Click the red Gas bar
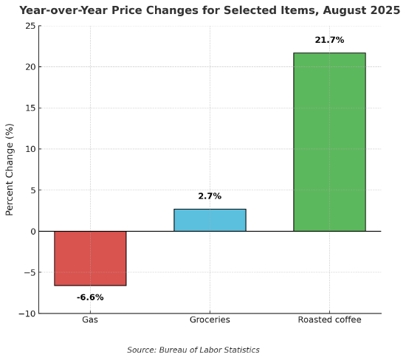tap(90, 258)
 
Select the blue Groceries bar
tap(210, 220)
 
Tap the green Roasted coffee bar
tap(329, 142)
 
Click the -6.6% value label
tap(90, 297)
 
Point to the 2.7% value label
tap(210, 196)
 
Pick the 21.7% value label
tap(329, 40)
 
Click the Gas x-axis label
tap(90, 320)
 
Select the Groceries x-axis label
tap(210, 320)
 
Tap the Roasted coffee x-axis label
tap(329, 320)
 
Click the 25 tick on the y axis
tap(30, 26)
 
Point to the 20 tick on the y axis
tap(30, 67)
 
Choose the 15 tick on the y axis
tap(30, 108)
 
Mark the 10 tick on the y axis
tap(30, 149)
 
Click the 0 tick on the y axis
tap(32, 232)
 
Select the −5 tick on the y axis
tap(29, 272)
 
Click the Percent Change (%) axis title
tap(10, 169)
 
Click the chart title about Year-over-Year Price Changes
tap(210, 10)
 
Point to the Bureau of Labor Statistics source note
tap(193, 350)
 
